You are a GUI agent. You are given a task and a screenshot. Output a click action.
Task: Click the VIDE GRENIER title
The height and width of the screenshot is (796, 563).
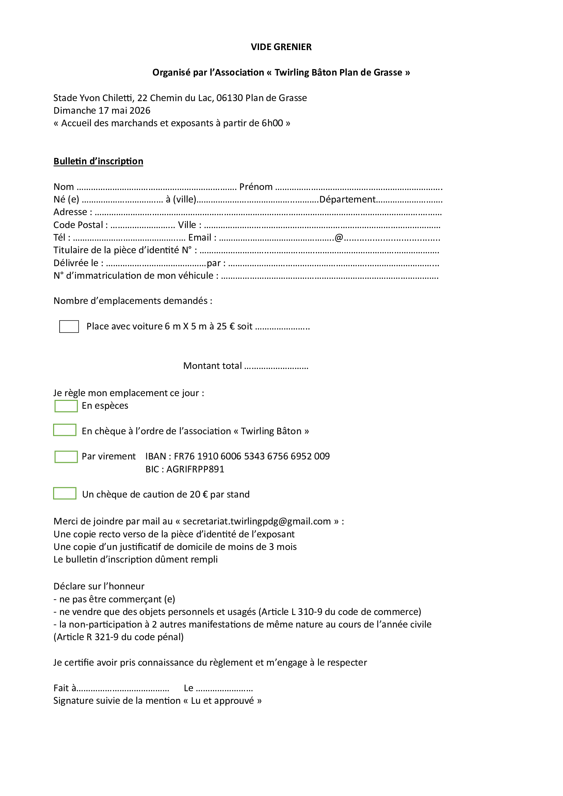[x=281, y=47]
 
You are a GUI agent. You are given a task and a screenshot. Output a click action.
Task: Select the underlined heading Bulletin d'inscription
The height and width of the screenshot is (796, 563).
[x=98, y=161]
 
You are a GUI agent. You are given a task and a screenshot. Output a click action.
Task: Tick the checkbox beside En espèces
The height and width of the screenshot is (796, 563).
[x=66, y=406]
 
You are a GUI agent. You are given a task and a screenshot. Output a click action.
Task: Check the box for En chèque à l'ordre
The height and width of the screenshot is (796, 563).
[x=65, y=430]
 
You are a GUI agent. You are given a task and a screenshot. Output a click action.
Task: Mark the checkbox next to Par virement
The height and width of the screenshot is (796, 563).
[x=66, y=457]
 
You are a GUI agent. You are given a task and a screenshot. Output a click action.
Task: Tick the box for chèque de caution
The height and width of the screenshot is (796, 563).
[x=65, y=493]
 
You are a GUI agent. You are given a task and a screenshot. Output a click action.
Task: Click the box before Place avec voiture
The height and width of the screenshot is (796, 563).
[x=69, y=326]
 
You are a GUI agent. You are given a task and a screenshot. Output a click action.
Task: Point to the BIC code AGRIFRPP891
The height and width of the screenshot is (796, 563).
[x=195, y=469]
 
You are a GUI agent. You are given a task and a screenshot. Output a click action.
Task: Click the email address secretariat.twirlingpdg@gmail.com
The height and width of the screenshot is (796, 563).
[x=257, y=521]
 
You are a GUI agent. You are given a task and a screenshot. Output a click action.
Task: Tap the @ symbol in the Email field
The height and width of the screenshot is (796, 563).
[x=339, y=238]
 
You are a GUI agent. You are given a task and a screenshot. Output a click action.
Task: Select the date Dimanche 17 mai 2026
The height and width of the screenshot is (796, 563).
[x=102, y=111]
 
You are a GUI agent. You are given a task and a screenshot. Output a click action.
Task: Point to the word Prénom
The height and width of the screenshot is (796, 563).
[x=256, y=187]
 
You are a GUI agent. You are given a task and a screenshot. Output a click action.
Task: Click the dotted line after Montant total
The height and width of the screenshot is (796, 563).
[x=276, y=367]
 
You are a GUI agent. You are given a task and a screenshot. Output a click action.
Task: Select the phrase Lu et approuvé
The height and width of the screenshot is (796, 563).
[x=222, y=701]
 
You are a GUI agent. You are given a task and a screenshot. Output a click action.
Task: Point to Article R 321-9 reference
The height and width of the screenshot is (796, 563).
[x=118, y=637]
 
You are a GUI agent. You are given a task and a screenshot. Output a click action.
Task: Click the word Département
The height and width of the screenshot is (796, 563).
[x=348, y=199]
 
